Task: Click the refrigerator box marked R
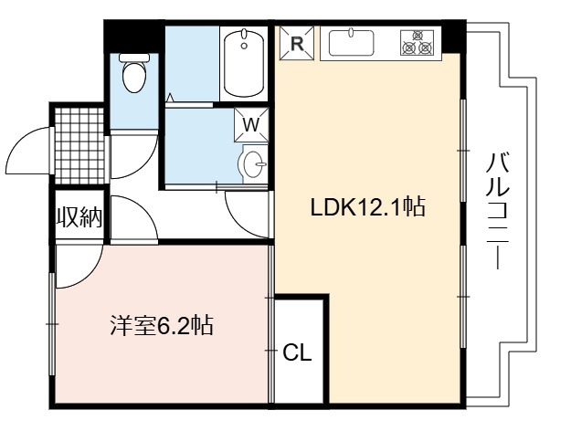(297, 43)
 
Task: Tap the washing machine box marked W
(251, 124)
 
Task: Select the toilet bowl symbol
(134, 73)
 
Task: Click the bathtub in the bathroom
(244, 64)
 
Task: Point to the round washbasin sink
(253, 164)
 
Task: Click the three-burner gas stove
(418, 43)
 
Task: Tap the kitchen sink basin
(351, 43)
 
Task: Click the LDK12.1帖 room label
(367, 207)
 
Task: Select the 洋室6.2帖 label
(162, 325)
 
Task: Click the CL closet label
(298, 352)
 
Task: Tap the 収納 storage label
(79, 217)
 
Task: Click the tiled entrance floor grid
(79, 145)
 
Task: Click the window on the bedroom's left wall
(52, 324)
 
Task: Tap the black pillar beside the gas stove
(454, 37)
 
